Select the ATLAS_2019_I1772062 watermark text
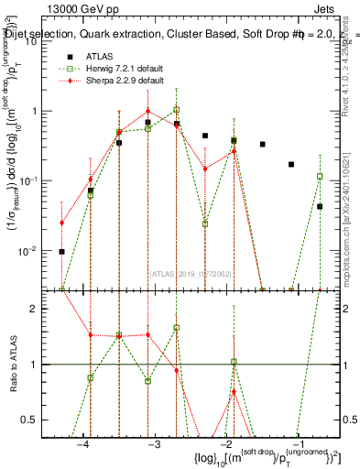click(x=191, y=272)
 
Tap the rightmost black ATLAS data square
click(x=320, y=207)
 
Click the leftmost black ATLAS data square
click(x=62, y=251)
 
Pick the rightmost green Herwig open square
click(x=320, y=176)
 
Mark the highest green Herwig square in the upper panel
click(x=176, y=110)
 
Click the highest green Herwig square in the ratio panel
click(x=176, y=327)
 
